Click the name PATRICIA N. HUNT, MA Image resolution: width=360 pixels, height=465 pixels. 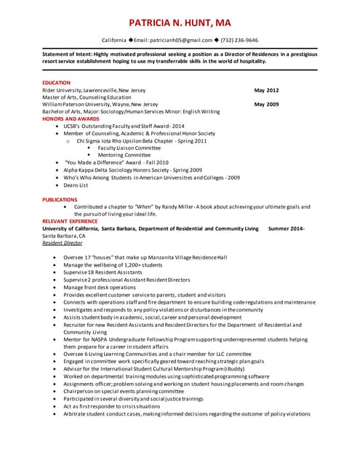tap(180, 22)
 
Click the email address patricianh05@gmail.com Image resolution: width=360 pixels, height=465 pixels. tap(173, 41)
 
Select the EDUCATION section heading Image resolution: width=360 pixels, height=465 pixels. tap(57, 84)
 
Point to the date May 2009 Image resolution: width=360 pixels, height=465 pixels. tap(266, 105)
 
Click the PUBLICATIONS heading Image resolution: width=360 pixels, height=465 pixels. tap(60, 199)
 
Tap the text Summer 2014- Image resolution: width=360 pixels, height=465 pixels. tap(287, 228)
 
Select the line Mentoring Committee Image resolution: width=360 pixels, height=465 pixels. tap(124, 155)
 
